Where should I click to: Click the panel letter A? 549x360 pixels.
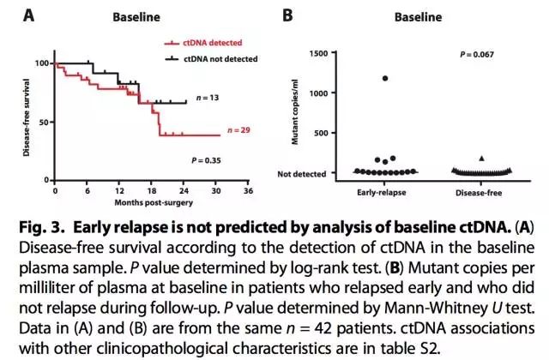click(14, 15)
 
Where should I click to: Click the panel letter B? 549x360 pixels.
click(288, 15)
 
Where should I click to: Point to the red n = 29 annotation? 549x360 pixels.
click(240, 130)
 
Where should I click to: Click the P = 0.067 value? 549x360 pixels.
click(473, 54)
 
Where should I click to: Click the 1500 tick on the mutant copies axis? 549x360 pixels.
click(318, 53)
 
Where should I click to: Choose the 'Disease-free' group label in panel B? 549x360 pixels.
click(481, 191)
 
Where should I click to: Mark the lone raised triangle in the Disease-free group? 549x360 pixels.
click(481, 159)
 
